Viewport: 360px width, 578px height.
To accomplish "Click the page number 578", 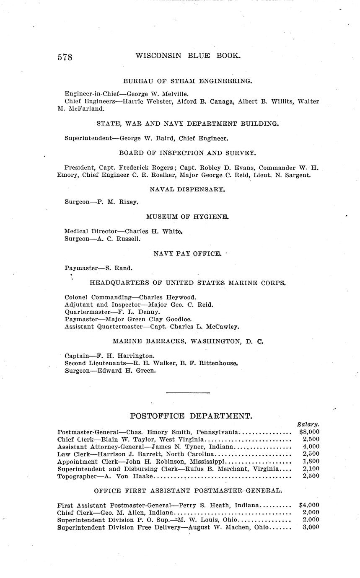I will (65, 57).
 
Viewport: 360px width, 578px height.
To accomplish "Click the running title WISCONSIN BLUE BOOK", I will (188, 55).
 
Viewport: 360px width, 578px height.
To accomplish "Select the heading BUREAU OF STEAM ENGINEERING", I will (187, 81).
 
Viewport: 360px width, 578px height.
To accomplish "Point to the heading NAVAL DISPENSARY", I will (187, 189).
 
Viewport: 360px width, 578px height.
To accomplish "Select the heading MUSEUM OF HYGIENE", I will (187, 217).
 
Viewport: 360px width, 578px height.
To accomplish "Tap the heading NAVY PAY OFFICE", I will (187, 253).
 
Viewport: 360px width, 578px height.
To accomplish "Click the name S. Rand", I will (122, 268).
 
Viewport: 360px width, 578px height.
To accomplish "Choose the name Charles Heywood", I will (168, 297).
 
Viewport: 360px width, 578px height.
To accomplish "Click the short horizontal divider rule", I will (188, 393).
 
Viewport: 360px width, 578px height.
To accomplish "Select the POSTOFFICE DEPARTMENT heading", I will (191, 416).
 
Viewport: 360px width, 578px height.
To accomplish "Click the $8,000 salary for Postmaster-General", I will (309, 432).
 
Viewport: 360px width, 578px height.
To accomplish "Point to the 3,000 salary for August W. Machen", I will (311, 527).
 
